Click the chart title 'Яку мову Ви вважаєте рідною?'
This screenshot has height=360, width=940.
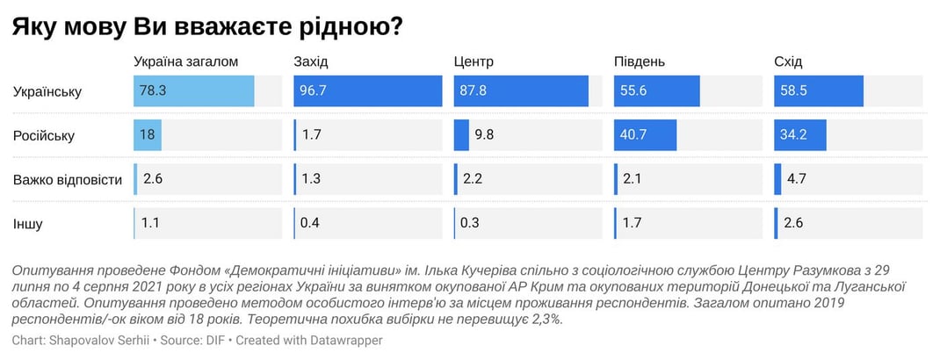[x=207, y=26]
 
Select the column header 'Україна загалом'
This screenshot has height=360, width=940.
[x=185, y=62]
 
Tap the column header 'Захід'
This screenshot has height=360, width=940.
[x=311, y=62]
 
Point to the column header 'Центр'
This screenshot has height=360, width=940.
[x=474, y=62]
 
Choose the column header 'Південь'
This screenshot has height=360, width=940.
[x=639, y=62]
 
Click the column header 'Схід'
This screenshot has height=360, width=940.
[x=788, y=62]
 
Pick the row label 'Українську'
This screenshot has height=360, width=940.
[x=47, y=91]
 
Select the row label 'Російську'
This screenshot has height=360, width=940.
[x=43, y=136]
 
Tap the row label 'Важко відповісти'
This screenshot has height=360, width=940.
[x=67, y=180]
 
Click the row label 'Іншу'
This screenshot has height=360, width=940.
[x=27, y=224]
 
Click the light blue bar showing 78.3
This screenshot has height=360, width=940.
[x=194, y=91]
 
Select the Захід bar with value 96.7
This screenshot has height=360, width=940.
[x=367, y=91]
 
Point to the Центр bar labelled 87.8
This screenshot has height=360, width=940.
[x=521, y=91]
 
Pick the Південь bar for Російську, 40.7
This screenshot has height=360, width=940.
[x=646, y=135]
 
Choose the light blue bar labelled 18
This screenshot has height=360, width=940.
[x=148, y=135]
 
